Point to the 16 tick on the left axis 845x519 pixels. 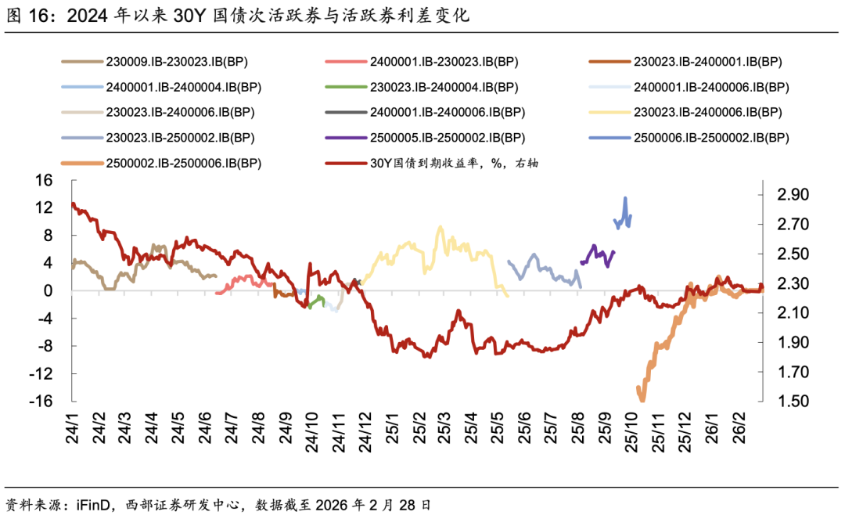tap(44, 180)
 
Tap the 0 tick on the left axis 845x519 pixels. tap(48, 291)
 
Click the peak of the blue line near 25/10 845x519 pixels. tap(625, 198)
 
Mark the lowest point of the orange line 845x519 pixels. tap(642, 400)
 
